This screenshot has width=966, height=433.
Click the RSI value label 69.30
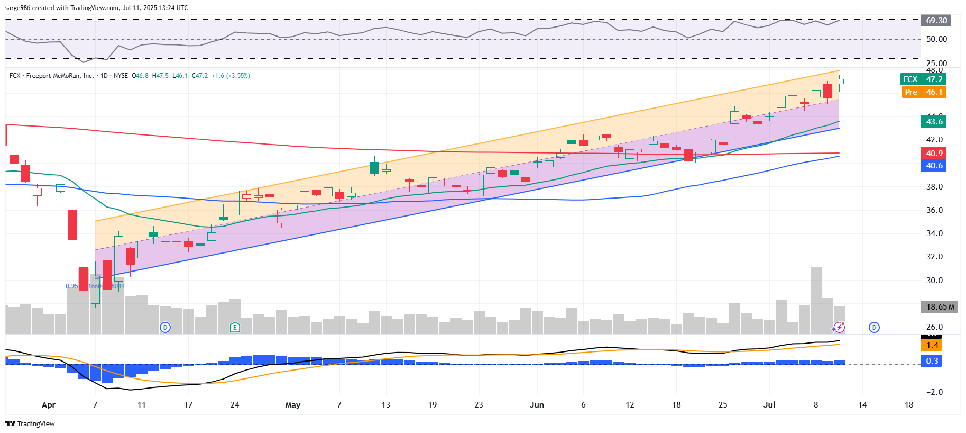click(x=936, y=21)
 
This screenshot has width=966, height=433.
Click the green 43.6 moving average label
click(x=934, y=122)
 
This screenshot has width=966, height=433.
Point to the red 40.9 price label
click(x=934, y=154)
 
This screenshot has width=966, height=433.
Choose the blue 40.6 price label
click(x=934, y=166)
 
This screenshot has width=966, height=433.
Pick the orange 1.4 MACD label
click(x=932, y=345)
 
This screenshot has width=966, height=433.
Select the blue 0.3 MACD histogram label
click(x=932, y=361)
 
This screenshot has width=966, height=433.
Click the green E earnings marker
click(x=235, y=328)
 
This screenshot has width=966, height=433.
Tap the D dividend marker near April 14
click(x=165, y=328)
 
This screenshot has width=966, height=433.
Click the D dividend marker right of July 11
click(x=874, y=328)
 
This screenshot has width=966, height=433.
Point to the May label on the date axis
click(x=292, y=405)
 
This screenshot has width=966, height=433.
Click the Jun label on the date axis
click(x=537, y=405)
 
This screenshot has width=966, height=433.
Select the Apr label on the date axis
click(x=48, y=405)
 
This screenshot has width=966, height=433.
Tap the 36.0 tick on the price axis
click(x=934, y=210)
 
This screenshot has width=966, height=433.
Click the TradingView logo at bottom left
click(x=30, y=423)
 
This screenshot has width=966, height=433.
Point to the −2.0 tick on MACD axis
click(x=934, y=392)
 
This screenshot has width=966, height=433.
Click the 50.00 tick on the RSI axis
click(x=936, y=39)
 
